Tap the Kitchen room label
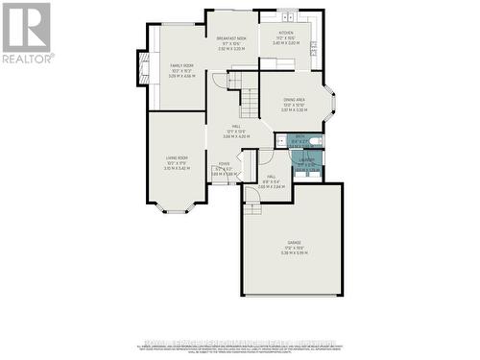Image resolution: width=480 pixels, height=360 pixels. coord(286,32)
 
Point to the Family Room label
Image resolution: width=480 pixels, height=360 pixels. coord(182,65)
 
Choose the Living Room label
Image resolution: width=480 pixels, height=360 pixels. coord(177,157)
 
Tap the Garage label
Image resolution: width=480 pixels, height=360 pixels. coord(294,242)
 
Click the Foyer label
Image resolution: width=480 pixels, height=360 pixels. coord(224,164)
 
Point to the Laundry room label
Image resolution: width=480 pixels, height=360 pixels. coord(305,161)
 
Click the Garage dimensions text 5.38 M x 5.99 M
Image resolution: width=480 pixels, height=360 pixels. coord(294,253)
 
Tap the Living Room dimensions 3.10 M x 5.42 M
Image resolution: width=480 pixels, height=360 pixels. coord(177,169)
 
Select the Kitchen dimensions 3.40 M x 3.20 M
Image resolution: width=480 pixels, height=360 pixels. coord(286,43)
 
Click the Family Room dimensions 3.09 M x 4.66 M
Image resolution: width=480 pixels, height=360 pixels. coord(182,75)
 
